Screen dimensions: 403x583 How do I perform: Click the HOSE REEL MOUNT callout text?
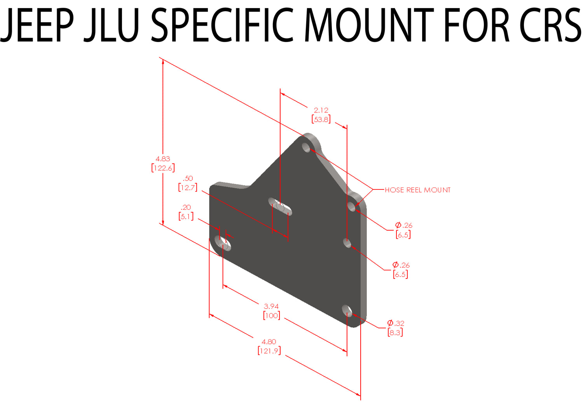(x=417, y=190)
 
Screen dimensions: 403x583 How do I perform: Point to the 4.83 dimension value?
(x=163, y=159)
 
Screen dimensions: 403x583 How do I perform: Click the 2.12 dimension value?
(x=321, y=110)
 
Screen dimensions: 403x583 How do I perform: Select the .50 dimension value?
(x=188, y=179)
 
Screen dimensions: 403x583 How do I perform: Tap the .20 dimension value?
(x=186, y=207)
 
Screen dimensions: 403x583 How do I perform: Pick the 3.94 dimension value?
(x=271, y=307)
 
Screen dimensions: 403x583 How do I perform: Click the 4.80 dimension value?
(x=269, y=342)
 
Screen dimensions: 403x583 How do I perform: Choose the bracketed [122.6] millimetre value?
(x=163, y=168)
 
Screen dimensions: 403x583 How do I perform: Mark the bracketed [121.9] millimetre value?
(x=269, y=351)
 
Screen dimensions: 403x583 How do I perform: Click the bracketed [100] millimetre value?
(x=271, y=315)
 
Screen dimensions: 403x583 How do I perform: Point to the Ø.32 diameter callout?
(x=396, y=323)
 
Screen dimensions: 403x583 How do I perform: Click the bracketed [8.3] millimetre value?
(x=395, y=333)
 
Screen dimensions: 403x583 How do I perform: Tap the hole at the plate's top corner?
(x=307, y=147)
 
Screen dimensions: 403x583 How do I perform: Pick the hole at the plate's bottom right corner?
(x=347, y=310)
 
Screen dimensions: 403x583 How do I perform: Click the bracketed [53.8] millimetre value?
(x=321, y=119)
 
